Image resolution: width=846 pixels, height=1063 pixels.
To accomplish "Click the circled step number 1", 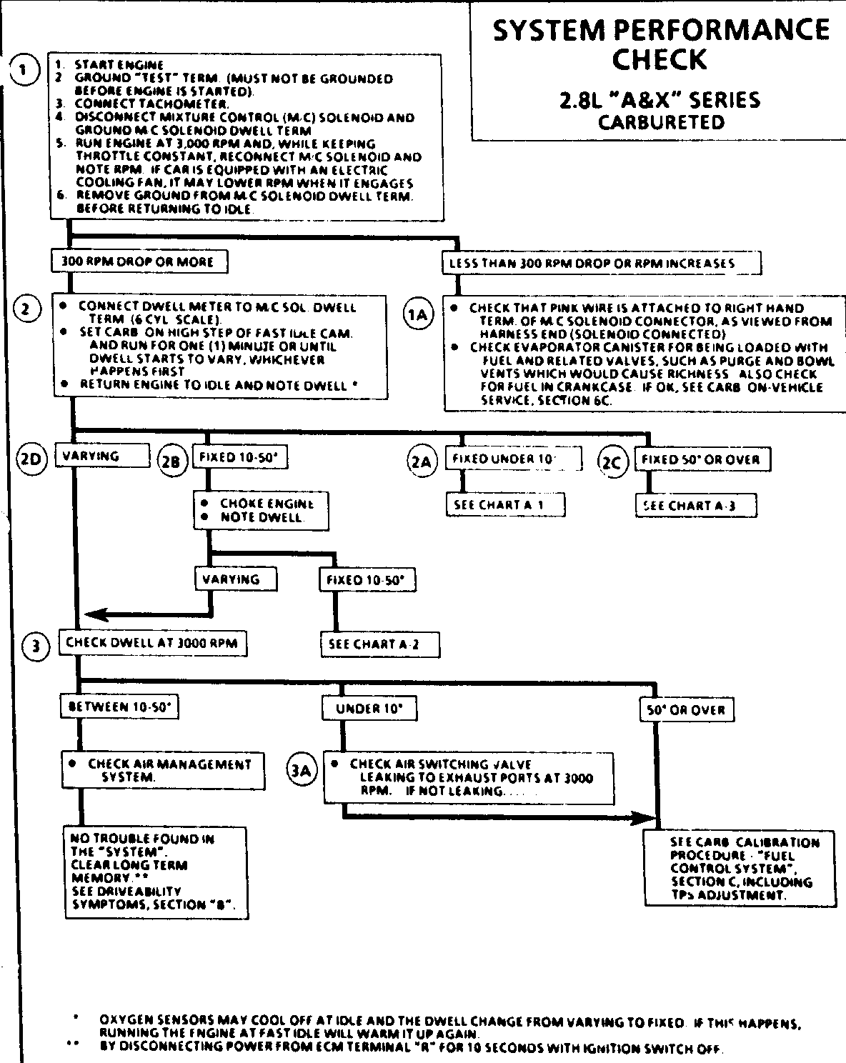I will point(24,71).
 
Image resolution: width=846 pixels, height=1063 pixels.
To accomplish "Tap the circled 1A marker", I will point(417,315).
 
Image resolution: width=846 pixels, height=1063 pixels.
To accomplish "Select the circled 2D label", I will point(31,457).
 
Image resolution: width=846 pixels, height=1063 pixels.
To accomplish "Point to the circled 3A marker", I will point(302,770).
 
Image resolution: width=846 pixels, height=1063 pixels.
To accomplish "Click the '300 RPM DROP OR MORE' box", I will point(140,261).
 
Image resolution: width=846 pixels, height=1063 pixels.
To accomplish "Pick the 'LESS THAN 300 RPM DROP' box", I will point(600,263).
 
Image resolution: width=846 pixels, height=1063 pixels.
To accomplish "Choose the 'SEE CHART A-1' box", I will point(505,504).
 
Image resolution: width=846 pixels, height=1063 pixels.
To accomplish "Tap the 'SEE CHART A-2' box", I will point(379,644).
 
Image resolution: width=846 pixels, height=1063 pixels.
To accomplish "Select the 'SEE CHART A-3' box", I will point(695,506).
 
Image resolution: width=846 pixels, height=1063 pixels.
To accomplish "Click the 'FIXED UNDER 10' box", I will point(513,459).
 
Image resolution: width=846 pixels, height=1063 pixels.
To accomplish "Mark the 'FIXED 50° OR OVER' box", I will point(702,459).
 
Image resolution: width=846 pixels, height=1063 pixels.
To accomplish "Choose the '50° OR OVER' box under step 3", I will point(686,710).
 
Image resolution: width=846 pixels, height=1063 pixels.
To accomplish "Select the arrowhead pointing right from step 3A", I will point(647,817).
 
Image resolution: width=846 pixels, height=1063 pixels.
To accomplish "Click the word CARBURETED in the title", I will point(660,122).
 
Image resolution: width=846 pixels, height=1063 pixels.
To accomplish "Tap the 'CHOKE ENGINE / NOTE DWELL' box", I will point(261,510).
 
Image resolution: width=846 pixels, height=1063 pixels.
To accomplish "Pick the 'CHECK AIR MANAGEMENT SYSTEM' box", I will point(162,770).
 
